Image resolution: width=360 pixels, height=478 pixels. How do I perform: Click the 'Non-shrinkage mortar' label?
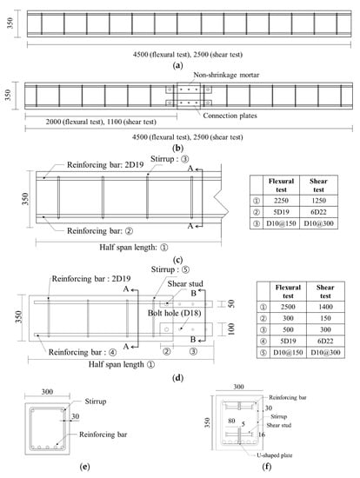tap(226, 75)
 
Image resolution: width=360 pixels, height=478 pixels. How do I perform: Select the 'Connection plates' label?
tap(230, 116)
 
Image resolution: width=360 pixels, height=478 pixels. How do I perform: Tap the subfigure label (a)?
tap(177, 65)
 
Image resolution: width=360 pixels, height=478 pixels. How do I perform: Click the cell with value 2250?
tap(281, 201)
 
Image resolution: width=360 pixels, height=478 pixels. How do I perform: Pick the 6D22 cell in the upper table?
tap(318, 212)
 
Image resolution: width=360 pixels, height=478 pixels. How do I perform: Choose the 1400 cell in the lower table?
tap(325, 307)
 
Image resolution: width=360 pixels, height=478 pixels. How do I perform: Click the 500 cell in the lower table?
tap(288, 330)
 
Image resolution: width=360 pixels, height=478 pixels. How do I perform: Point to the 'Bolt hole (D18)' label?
tap(174, 313)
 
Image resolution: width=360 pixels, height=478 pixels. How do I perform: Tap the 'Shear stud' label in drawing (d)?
tap(185, 284)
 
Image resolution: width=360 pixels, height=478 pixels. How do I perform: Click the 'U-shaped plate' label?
tap(274, 455)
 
